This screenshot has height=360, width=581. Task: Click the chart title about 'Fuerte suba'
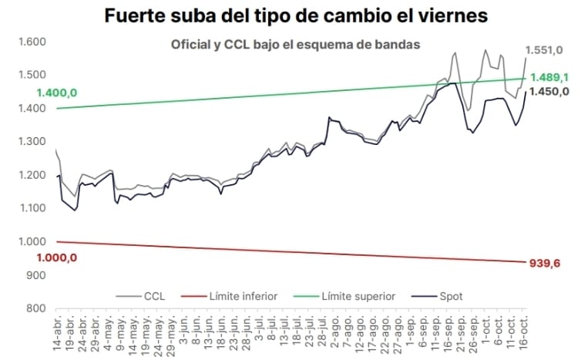click(297, 15)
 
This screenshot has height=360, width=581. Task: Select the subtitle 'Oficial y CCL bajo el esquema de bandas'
click(295, 45)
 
